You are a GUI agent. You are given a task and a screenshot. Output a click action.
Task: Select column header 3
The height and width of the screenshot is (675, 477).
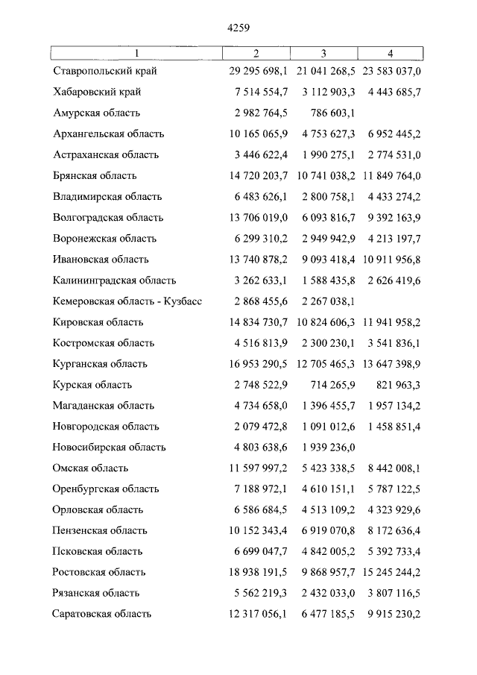[x=323, y=53]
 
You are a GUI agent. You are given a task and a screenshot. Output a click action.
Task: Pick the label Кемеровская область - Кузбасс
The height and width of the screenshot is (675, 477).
[x=127, y=301]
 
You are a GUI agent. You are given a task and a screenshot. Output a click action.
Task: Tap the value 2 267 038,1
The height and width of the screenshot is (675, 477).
[x=326, y=301]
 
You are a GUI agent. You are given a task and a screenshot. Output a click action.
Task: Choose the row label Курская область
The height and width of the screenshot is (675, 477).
[x=92, y=385]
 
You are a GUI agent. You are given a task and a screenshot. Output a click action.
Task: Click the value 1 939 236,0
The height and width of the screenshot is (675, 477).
[x=326, y=448]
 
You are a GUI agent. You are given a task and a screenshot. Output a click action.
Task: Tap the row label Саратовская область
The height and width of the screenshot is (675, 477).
[x=102, y=614]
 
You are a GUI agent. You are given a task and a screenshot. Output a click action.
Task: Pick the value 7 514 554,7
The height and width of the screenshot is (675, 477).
[x=260, y=92]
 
